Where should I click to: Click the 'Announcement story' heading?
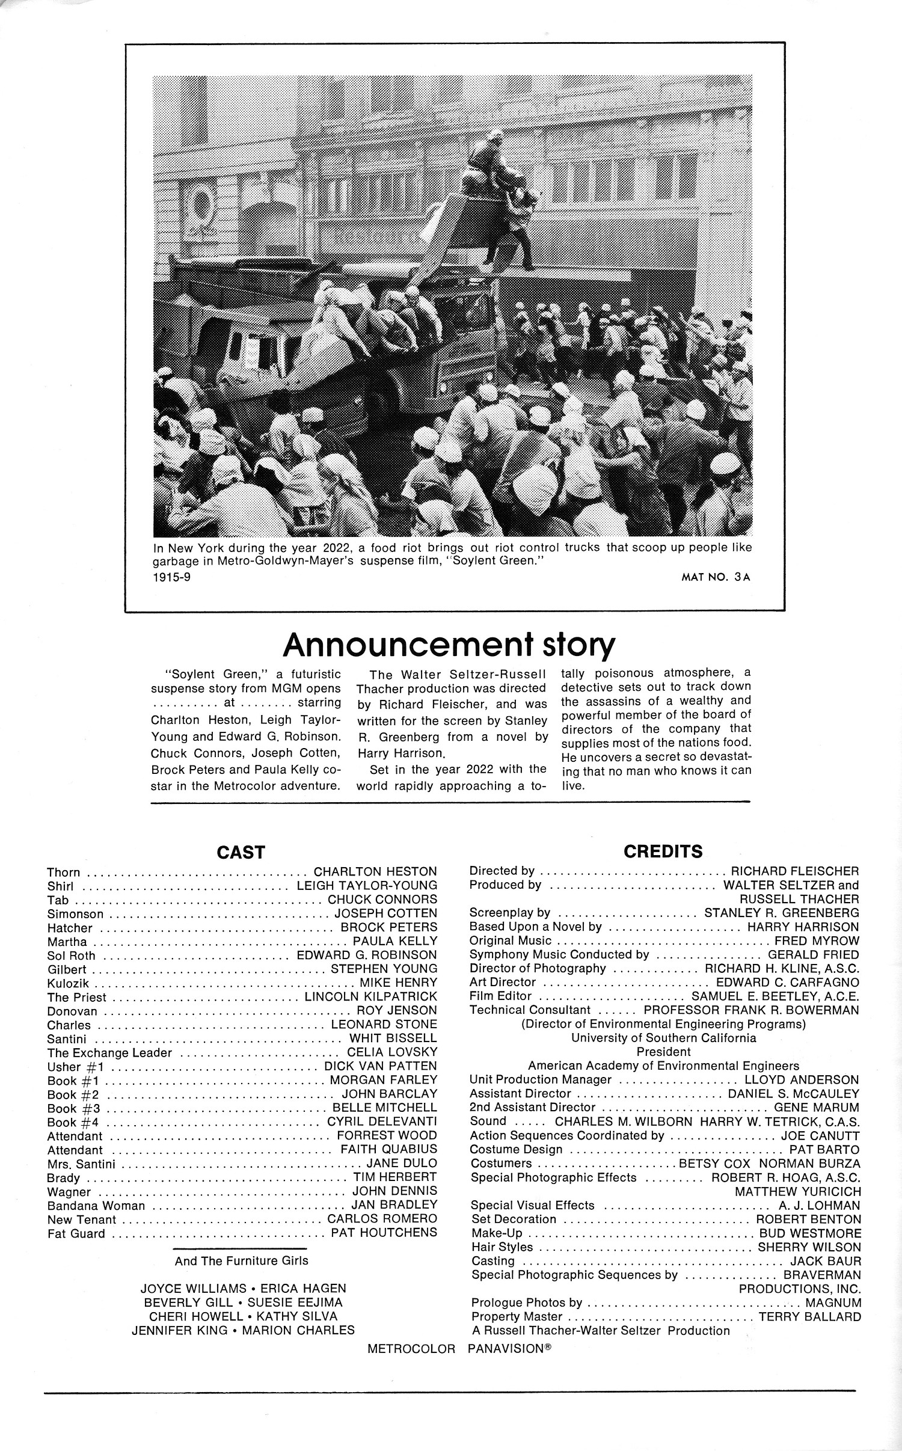(449, 645)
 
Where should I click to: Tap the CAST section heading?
(241, 853)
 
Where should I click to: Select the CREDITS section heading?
(663, 851)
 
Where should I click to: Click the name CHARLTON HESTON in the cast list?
(375, 872)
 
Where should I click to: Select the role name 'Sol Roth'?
(71, 956)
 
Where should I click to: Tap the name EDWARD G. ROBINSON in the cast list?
(367, 955)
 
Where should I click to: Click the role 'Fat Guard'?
(76, 1234)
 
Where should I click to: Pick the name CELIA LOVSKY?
(392, 1052)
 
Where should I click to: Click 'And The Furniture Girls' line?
(241, 1261)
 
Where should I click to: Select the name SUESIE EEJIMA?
(295, 1302)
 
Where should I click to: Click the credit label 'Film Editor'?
(501, 996)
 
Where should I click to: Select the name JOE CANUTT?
(820, 1136)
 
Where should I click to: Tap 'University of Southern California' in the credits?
(664, 1038)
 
